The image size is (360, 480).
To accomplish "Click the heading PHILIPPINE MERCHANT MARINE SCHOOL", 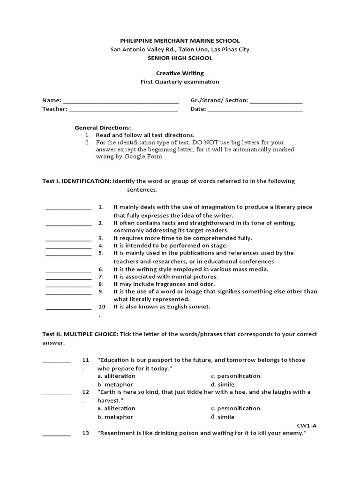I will (x=180, y=41).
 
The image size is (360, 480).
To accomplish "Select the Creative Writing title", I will (x=180, y=73).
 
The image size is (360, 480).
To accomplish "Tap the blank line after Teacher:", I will (x=123, y=111).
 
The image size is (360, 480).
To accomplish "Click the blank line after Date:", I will (x=255, y=111).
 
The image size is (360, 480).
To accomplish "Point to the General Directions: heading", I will (x=103, y=128).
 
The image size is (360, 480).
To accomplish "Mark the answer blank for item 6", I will (x=68, y=270).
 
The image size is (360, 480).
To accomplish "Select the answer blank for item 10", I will (x=68, y=308).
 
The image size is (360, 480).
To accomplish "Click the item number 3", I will (x=101, y=238).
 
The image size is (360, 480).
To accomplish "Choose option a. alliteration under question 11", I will (x=110, y=376).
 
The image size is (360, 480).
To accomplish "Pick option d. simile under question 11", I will (x=222, y=385).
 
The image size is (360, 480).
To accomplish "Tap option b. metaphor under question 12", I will (x=115, y=417).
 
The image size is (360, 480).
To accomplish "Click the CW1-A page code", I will (x=307, y=425).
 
